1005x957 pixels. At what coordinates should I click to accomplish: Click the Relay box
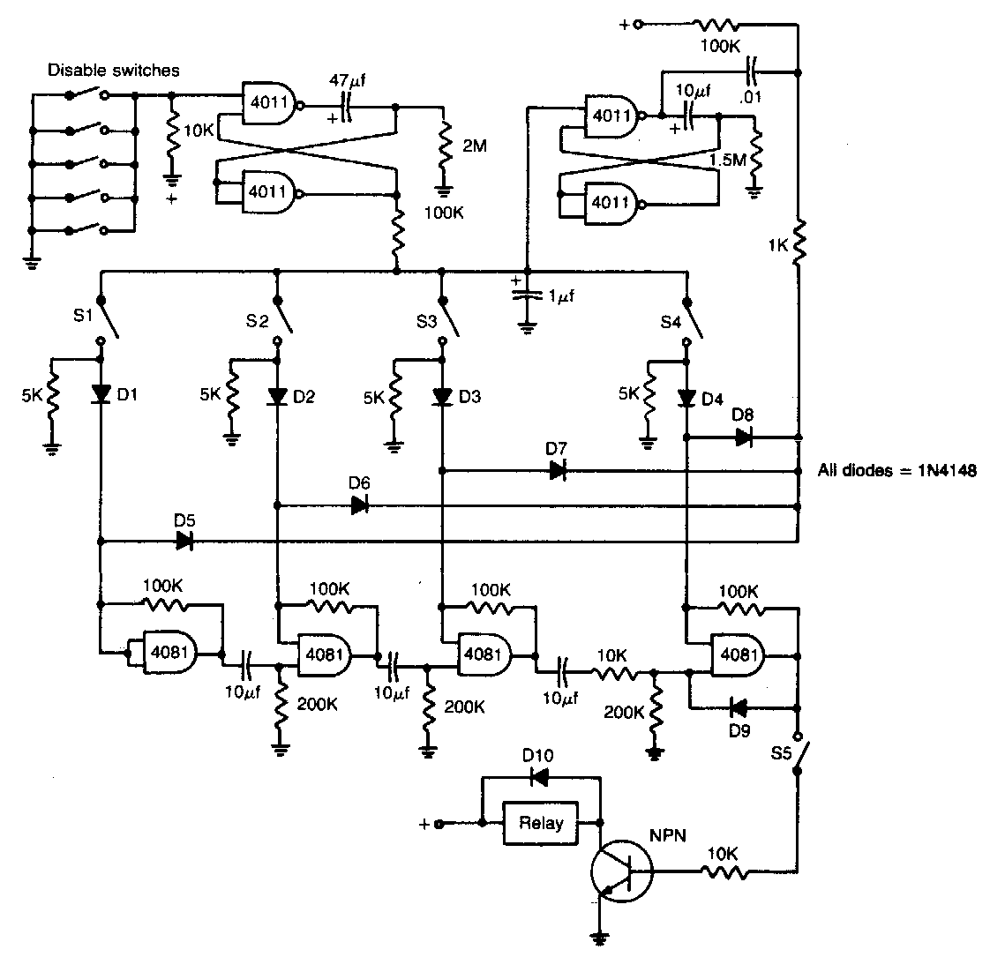point(540,824)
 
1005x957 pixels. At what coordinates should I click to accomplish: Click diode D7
point(558,471)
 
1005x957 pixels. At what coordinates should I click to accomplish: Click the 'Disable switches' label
point(114,70)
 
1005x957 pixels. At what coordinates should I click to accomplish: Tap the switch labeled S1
point(109,323)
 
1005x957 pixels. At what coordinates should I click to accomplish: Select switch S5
point(804,754)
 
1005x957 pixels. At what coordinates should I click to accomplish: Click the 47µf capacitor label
point(345,81)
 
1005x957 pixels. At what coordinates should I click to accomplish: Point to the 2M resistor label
point(474,146)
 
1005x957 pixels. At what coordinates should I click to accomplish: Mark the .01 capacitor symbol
point(752,67)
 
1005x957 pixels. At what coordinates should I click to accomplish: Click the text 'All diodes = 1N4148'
point(896,470)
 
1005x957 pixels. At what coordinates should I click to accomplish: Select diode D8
point(743,437)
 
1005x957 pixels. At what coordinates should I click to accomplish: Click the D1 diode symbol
point(101,393)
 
